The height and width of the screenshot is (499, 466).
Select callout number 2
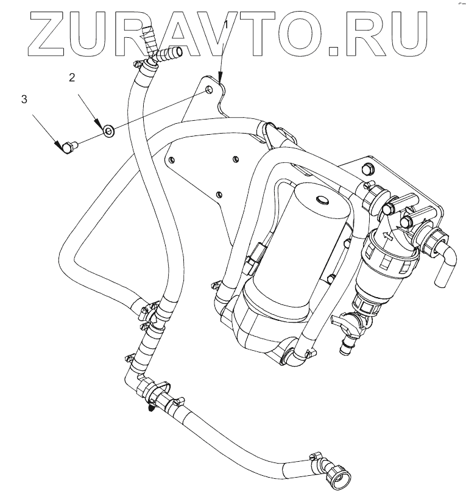(72, 77)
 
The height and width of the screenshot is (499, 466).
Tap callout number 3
(24, 99)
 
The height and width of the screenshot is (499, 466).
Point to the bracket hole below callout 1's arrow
(210, 90)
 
